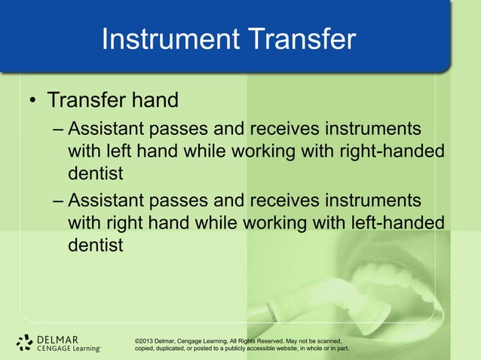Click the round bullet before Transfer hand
[x=33, y=101]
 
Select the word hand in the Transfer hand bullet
[x=155, y=100]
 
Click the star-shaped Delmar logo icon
[x=25, y=343]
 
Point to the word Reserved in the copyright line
[x=263, y=340]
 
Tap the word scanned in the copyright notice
[x=330, y=340]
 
